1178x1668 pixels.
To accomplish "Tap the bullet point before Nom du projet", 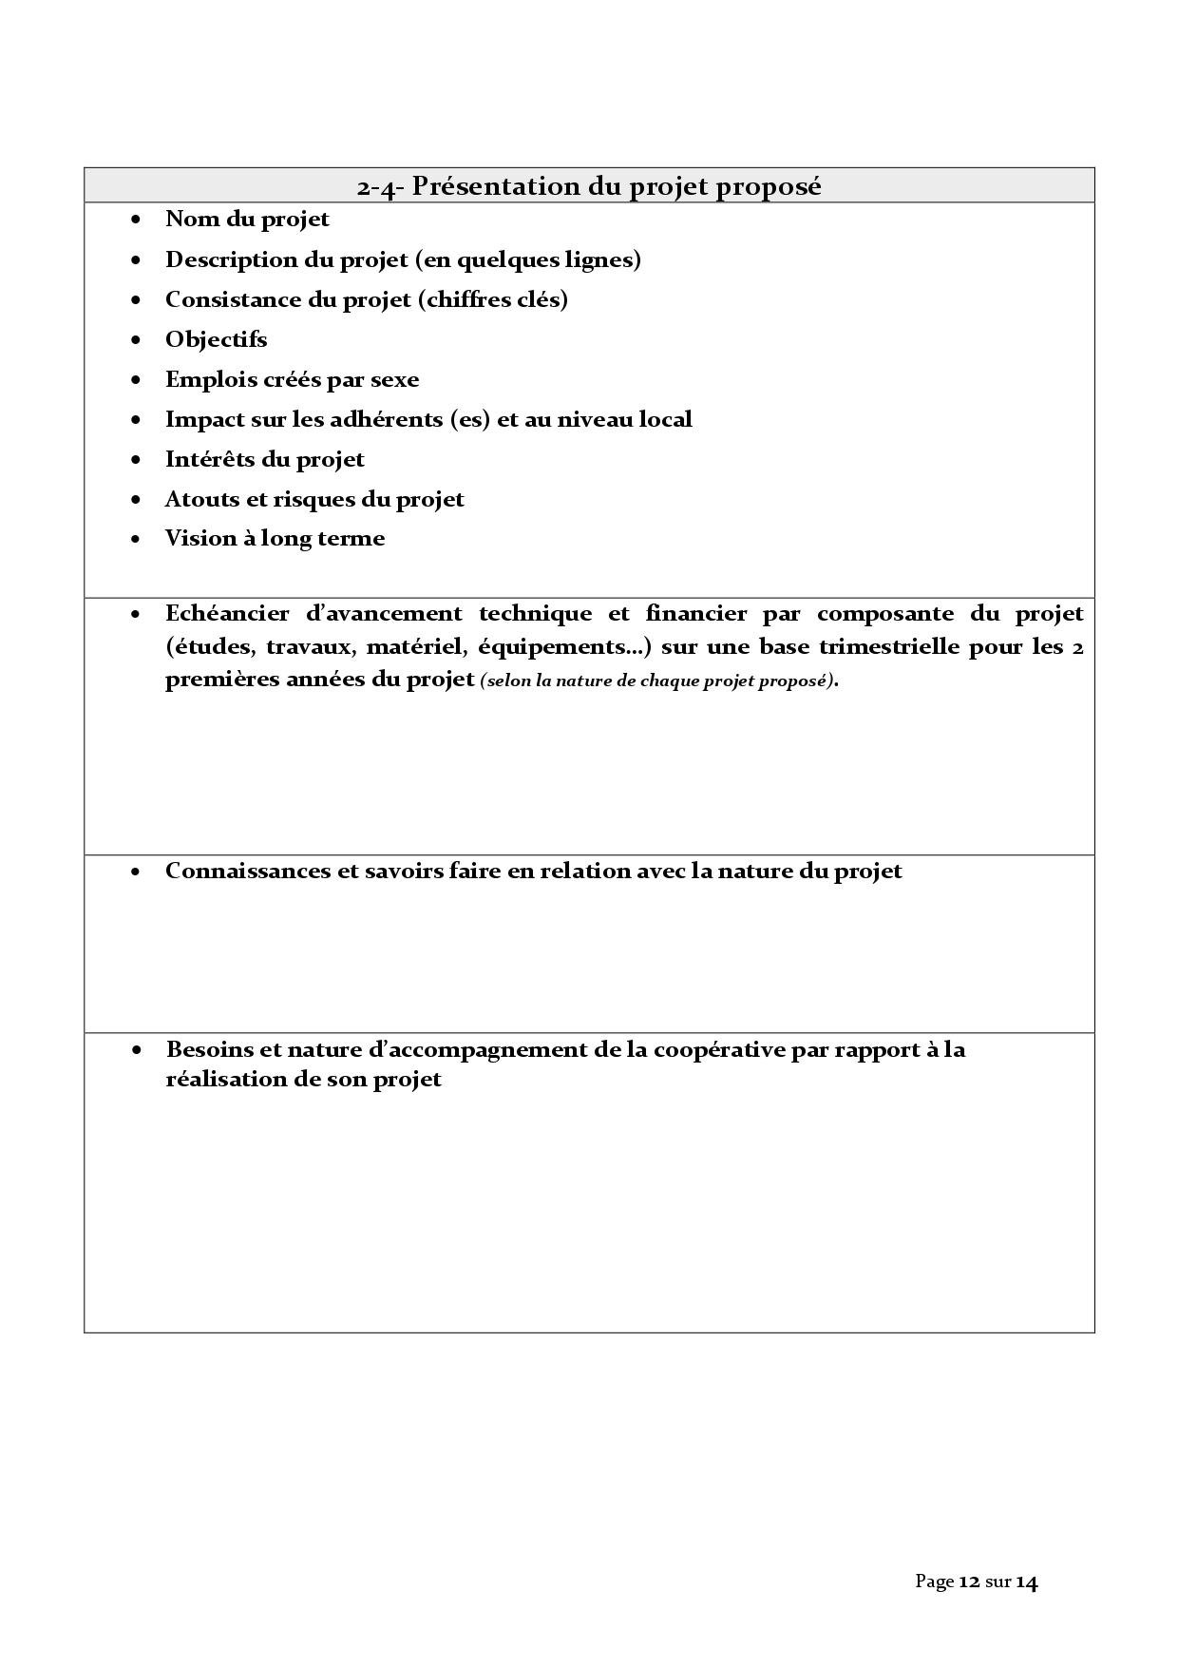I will click(x=138, y=220).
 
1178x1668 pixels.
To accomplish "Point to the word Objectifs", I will click(x=216, y=339).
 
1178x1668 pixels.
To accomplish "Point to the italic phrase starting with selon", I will click(x=658, y=681).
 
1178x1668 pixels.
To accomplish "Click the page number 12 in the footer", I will click(x=969, y=1582).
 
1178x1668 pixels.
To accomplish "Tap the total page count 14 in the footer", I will click(x=1026, y=1582).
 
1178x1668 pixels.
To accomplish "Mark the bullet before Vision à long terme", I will click(x=138, y=539).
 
